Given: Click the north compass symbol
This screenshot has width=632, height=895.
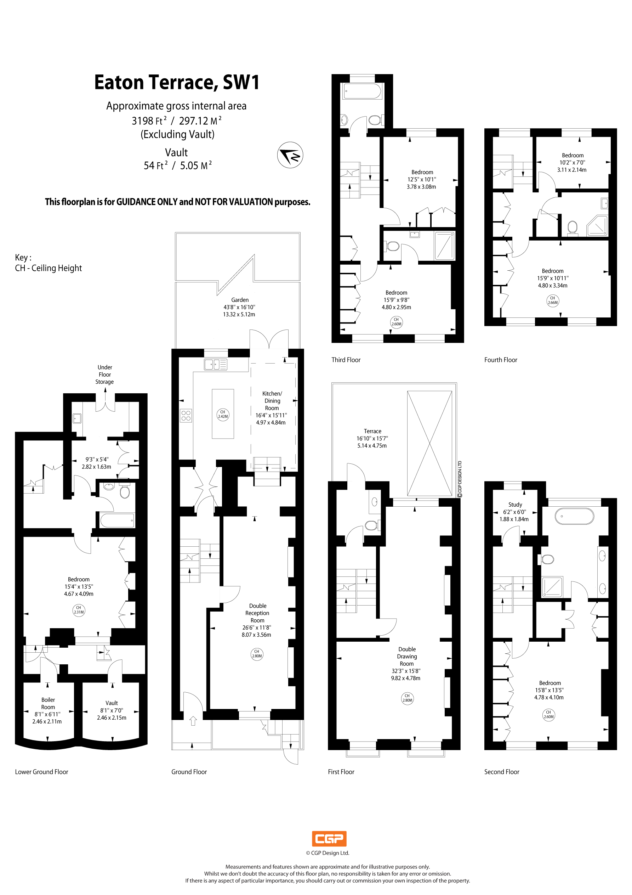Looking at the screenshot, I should (290, 155).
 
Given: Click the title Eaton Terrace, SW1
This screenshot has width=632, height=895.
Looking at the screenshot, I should (177, 82).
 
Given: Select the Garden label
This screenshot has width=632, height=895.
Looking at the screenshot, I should (240, 300).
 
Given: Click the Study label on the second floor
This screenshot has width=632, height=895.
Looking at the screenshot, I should (515, 505).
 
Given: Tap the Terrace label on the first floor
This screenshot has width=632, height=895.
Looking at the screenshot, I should (372, 431).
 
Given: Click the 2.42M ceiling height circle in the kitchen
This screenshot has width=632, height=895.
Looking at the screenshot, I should (223, 414).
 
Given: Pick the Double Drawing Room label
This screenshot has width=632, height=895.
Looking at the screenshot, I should (407, 657).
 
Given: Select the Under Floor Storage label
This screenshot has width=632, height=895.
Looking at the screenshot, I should (104, 374).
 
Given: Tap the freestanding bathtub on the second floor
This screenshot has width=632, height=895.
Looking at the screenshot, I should (574, 516).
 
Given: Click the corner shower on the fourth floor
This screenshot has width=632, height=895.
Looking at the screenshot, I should (597, 226).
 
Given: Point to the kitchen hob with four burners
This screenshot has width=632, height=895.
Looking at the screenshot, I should (186, 416).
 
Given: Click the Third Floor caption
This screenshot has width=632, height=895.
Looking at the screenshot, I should (346, 360).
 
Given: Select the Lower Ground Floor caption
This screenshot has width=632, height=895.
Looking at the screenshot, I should (41, 772).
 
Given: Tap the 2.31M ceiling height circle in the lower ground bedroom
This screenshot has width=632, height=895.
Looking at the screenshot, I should (79, 610).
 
